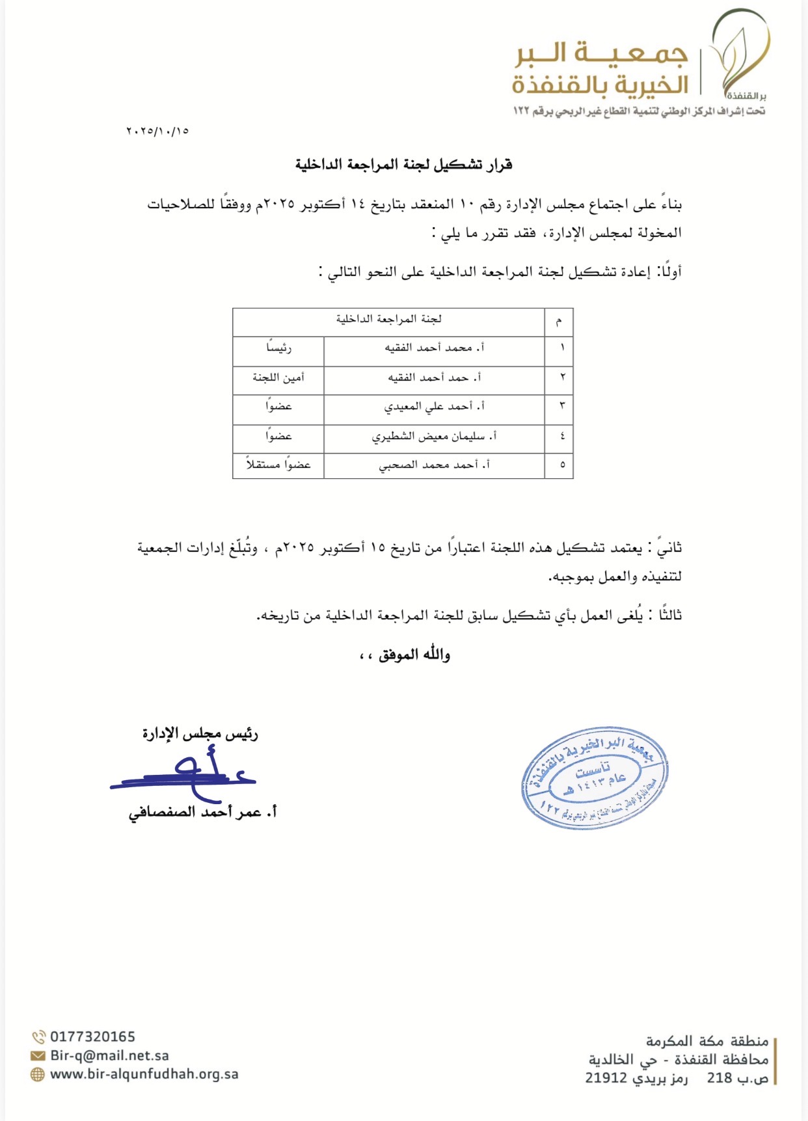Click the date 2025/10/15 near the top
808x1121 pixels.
pos(157,131)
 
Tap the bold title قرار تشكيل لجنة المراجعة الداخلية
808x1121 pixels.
pos(403,165)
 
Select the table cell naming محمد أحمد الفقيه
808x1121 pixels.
pos(434,348)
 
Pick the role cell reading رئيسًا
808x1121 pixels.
pos(278,348)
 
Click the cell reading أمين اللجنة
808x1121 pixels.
pos(278,377)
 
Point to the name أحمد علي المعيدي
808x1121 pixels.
pos(434,407)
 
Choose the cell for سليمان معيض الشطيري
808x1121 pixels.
pos(434,436)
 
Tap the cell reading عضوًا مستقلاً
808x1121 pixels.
pos(278,465)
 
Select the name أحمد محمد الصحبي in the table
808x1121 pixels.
pos(434,465)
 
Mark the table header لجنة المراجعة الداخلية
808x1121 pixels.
pos(388,319)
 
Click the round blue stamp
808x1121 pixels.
pos(594,777)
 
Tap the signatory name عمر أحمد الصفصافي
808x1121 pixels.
pos(202,812)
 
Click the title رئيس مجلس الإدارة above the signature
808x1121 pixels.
pos(200,734)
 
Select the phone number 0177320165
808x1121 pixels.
pos(92,1037)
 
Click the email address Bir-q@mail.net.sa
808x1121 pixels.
pos(109,1055)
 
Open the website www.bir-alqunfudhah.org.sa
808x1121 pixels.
pos(144,1074)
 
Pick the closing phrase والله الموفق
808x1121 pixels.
pos(405,655)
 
